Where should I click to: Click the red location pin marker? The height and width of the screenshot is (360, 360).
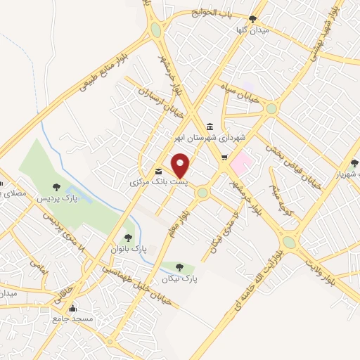pyautogui.click(x=181, y=166)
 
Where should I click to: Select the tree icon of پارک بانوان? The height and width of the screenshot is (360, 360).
pyautogui.click(x=127, y=238)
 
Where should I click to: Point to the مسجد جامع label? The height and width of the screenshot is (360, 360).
pyautogui.click(x=72, y=319)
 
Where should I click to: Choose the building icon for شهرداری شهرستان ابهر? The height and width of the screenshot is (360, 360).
pyautogui.click(x=210, y=127)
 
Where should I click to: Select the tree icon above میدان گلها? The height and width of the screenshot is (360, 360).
pyautogui.click(x=253, y=19)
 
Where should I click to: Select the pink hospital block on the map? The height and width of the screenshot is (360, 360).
pyautogui.click(x=240, y=163)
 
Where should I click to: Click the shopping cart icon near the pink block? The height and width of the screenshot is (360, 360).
pyautogui.click(x=224, y=157)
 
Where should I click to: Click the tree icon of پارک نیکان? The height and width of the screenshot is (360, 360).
pyautogui.click(x=180, y=267)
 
